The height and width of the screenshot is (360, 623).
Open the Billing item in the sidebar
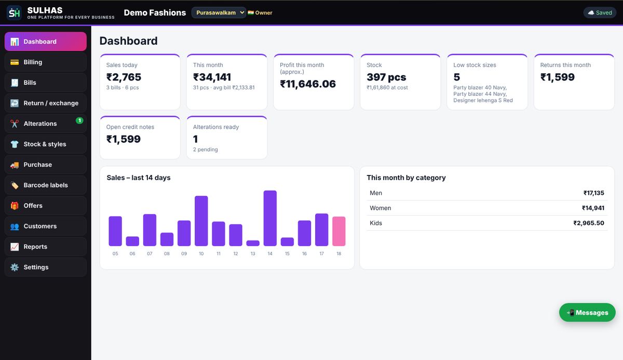pyautogui.click(x=46, y=62)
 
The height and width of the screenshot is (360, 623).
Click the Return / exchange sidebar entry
pyautogui.click(x=46, y=103)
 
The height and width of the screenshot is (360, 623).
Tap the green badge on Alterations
pyautogui.click(x=79, y=121)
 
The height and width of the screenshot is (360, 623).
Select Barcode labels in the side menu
pyautogui.click(x=46, y=185)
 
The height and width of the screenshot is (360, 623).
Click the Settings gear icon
pyautogui.click(x=15, y=267)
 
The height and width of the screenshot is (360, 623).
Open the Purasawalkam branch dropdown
pyautogui.click(x=219, y=12)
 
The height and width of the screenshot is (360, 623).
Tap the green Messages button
pyautogui.click(x=587, y=312)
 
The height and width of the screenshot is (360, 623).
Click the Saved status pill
pyautogui.click(x=600, y=12)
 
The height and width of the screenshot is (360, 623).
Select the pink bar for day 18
pyautogui.click(x=338, y=231)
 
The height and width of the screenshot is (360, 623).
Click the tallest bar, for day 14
pyautogui.click(x=270, y=218)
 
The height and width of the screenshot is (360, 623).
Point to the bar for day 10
pyautogui.click(x=201, y=221)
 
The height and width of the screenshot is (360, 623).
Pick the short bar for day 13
pyautogui.click(x=253, y=243)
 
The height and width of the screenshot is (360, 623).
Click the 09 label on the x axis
pyautogui.click(x=184, y=254)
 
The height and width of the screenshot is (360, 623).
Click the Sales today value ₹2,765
pyautogui.click(x=124, y=77)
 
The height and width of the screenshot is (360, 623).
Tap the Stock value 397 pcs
pyautogui.click(x=386, y=77)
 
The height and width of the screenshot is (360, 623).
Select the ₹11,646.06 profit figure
pyautogui.click(x=308, y=84)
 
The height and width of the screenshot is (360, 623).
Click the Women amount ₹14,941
pyautogui.click(x=593, y=208)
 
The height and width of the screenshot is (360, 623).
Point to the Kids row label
pyautogui.click(x=376, y=223)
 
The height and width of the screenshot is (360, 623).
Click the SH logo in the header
pyautogui.click(x=14, y=13)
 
